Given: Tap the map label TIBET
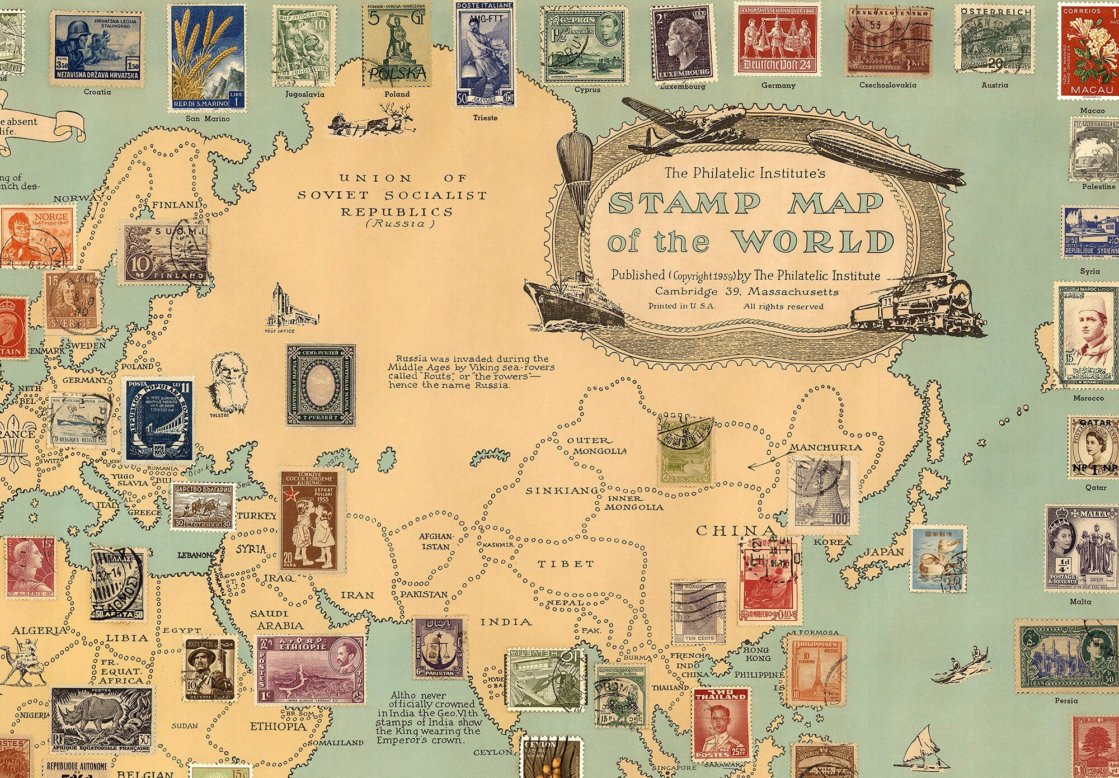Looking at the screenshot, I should tap(558, 564).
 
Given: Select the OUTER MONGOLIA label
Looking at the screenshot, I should tap(596, 445).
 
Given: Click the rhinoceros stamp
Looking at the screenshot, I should tap(102, 719).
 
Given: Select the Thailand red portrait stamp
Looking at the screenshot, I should tap(721, 727).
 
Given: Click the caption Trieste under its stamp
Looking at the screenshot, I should tap(485, 118).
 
